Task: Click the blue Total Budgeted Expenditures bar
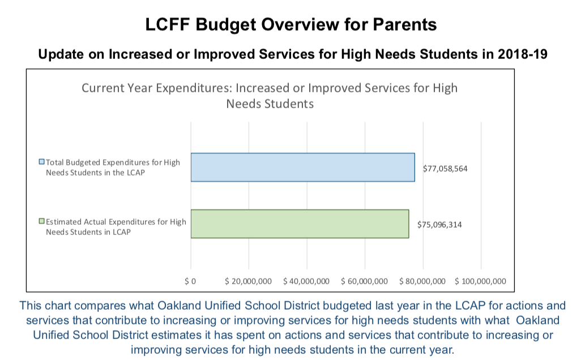pos(302,167)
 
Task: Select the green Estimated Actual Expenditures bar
pos(300,224)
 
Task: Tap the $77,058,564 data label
pos(445,169)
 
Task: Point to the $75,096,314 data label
pos(439,225)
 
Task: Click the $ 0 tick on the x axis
pos(190,281)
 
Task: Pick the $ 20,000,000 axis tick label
pos(248,281)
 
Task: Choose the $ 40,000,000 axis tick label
pos(306,281)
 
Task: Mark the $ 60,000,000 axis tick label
pos(364,281)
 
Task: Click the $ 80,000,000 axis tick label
pos(422,281)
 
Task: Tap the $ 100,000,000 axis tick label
pos(480,281)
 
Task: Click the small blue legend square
pos(41,162)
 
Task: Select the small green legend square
pos(41,222)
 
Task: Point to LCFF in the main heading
pos(168,25)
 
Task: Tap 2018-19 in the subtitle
pos(522,55)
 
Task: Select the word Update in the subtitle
pos(57,55)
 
